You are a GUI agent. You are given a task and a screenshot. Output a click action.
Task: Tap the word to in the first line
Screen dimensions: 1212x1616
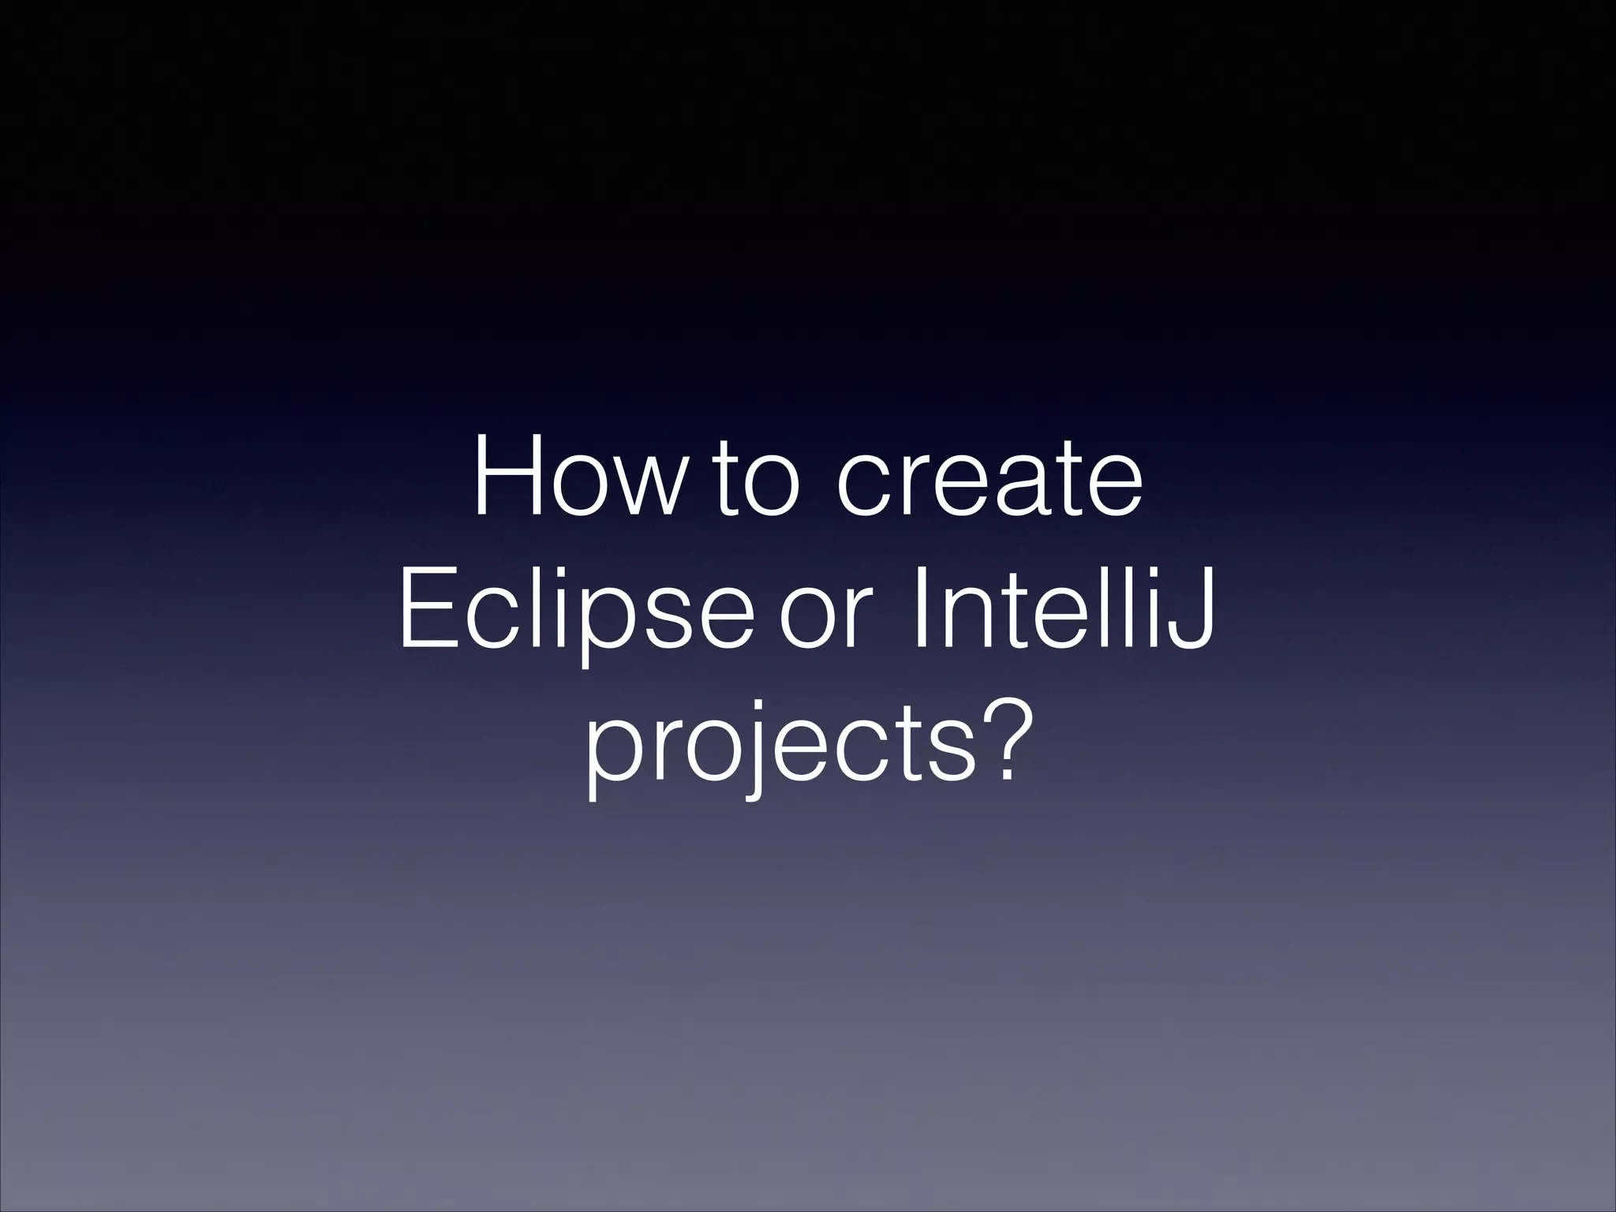[756, 481]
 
